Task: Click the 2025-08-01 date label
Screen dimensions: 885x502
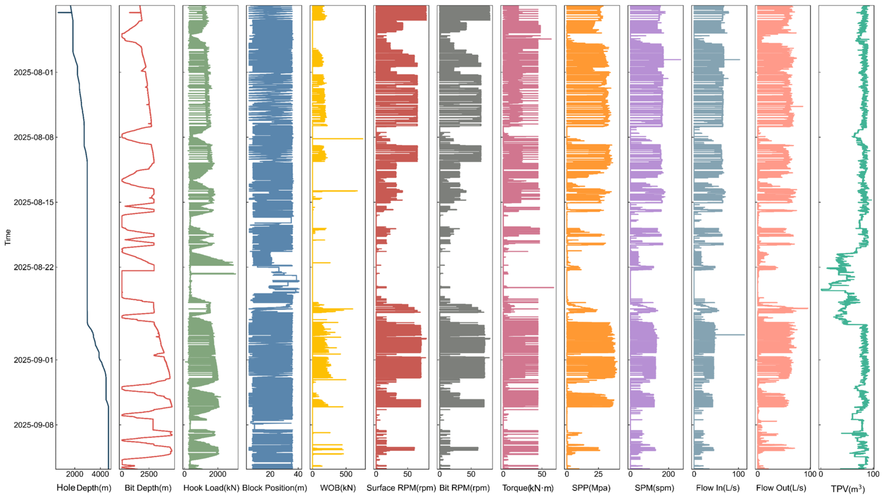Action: coord(33,72)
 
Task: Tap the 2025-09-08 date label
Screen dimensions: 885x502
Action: coord(33,425)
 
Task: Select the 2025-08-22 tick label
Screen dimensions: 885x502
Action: coord(33,267)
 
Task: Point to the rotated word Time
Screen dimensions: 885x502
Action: coord(8,237)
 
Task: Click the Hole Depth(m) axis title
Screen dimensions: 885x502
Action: coord(84,488)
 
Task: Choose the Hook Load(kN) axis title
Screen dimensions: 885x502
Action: coord(211,488)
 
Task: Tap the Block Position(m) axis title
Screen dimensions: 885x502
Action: coord(274,488)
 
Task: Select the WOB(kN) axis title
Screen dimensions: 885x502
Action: coord(338,488)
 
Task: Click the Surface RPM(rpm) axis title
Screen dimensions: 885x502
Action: coord(401,488)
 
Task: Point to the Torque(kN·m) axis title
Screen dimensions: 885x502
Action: coord(528,488)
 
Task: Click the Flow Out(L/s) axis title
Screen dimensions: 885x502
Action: coord(781,488)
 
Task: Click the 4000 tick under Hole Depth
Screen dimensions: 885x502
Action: coord(100,474)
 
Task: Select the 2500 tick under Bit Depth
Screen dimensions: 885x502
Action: coord(149,474)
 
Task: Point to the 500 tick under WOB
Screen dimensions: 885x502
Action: coord(346,474)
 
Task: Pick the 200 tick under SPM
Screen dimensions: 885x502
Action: coord(669,474)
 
